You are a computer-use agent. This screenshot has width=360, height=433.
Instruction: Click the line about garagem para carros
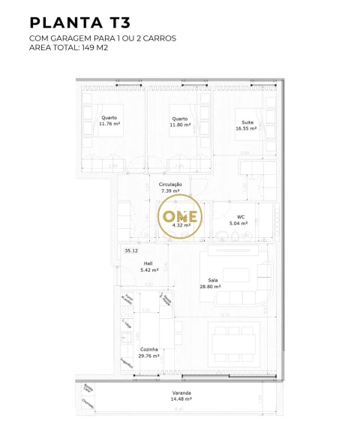tap(103, 38)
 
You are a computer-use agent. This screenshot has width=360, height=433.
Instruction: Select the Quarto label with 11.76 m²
tap(110, 122)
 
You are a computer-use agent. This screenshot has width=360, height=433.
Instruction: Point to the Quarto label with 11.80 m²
tap(179, 122)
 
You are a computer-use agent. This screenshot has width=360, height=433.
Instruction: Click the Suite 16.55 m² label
tap(246, 125)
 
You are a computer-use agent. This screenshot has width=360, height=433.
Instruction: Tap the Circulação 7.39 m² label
tap(170, 188)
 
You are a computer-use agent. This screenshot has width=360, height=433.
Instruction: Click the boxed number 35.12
tap(131, 250)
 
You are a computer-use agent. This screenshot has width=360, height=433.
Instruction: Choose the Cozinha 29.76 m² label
tap(149, 353)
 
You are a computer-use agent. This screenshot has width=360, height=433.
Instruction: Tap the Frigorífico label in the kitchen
tap(124, 362)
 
